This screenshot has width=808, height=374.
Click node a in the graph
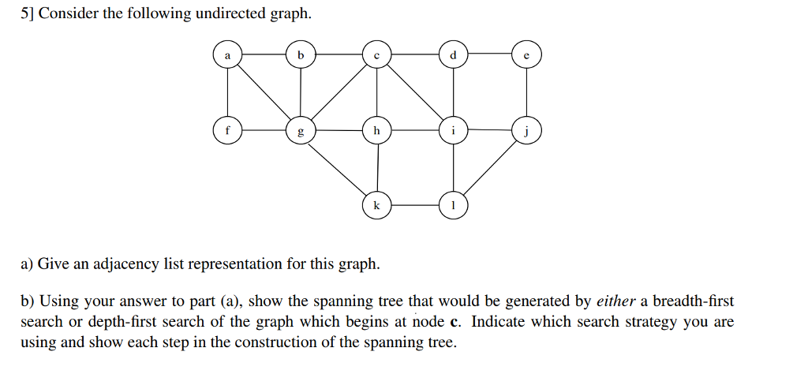click(227, 55)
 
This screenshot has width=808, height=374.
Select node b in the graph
click(300, 55)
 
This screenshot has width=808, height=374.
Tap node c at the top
click(376, 55)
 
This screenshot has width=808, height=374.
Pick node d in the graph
click(452, 55)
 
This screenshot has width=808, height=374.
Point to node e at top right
click(526, 55)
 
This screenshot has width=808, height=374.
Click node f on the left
click(227, 131)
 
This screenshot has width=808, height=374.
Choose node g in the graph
click(300, 131)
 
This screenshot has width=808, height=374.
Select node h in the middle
click(376, 131)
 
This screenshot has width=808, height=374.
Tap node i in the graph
click(452, 131)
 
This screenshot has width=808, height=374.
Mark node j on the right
click(526, 131)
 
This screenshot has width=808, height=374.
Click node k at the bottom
click(376, 205)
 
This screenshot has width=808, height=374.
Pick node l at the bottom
click(452, 205)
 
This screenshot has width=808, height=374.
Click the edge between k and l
click(414, 205)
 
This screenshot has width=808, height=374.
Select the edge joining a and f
click(227, 93)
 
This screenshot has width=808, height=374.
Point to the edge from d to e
click(489, 54)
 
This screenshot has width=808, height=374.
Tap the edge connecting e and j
click(526, 93)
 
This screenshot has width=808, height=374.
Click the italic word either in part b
click(615, 301)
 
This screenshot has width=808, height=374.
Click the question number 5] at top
click(27, 15)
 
